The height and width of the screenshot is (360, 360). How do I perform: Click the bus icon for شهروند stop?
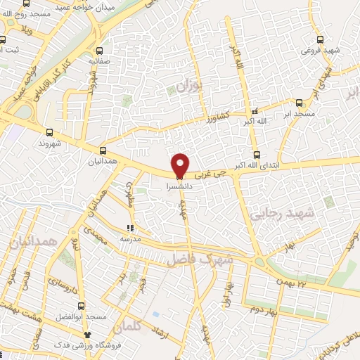click(x=49, y=131)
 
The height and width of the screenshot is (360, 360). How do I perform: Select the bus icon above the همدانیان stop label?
click(x=103, y=150)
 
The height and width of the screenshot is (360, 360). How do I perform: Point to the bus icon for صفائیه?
click(x=99, y=51)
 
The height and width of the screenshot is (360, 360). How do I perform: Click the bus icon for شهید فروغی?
click(x=321, y=40)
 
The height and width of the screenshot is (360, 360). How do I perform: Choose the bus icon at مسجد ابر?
click(x=299, y=102)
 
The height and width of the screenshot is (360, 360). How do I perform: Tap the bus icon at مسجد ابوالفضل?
click(x=82, y=306)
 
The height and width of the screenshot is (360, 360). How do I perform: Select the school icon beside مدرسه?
click(x=129, y=227)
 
